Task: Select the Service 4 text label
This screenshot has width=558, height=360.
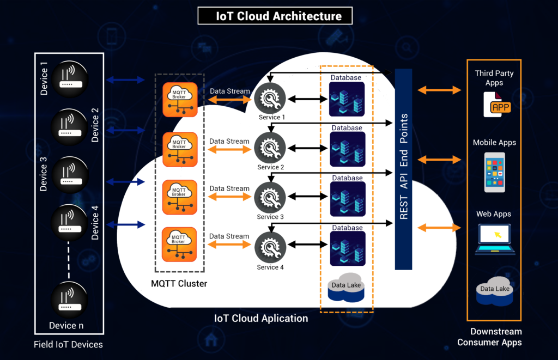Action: pos(270,267)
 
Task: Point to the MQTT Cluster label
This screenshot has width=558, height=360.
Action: pos(179,284)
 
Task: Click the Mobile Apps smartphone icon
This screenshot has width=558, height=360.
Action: pos(494,172)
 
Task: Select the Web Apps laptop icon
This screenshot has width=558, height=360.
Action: pos(495,239)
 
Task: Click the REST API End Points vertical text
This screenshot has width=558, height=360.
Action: pos(404,167)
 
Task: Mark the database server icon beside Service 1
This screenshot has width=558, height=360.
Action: pos(347,99)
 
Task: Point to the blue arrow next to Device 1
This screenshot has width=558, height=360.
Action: pos(125,80)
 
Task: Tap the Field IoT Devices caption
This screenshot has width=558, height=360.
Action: pos(68,344)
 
